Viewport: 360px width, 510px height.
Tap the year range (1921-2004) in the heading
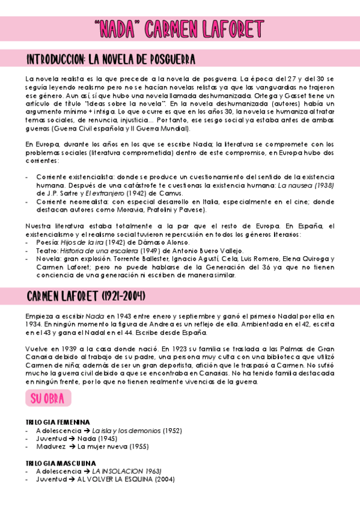(119, 297)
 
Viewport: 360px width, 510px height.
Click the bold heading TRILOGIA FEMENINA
(58, 423)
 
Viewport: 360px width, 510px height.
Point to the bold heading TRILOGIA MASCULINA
(61, 463)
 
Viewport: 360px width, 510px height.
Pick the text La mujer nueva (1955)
(114, 447)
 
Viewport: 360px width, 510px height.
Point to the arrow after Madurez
(72, 447)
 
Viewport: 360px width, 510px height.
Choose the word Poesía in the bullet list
(48, 242)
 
